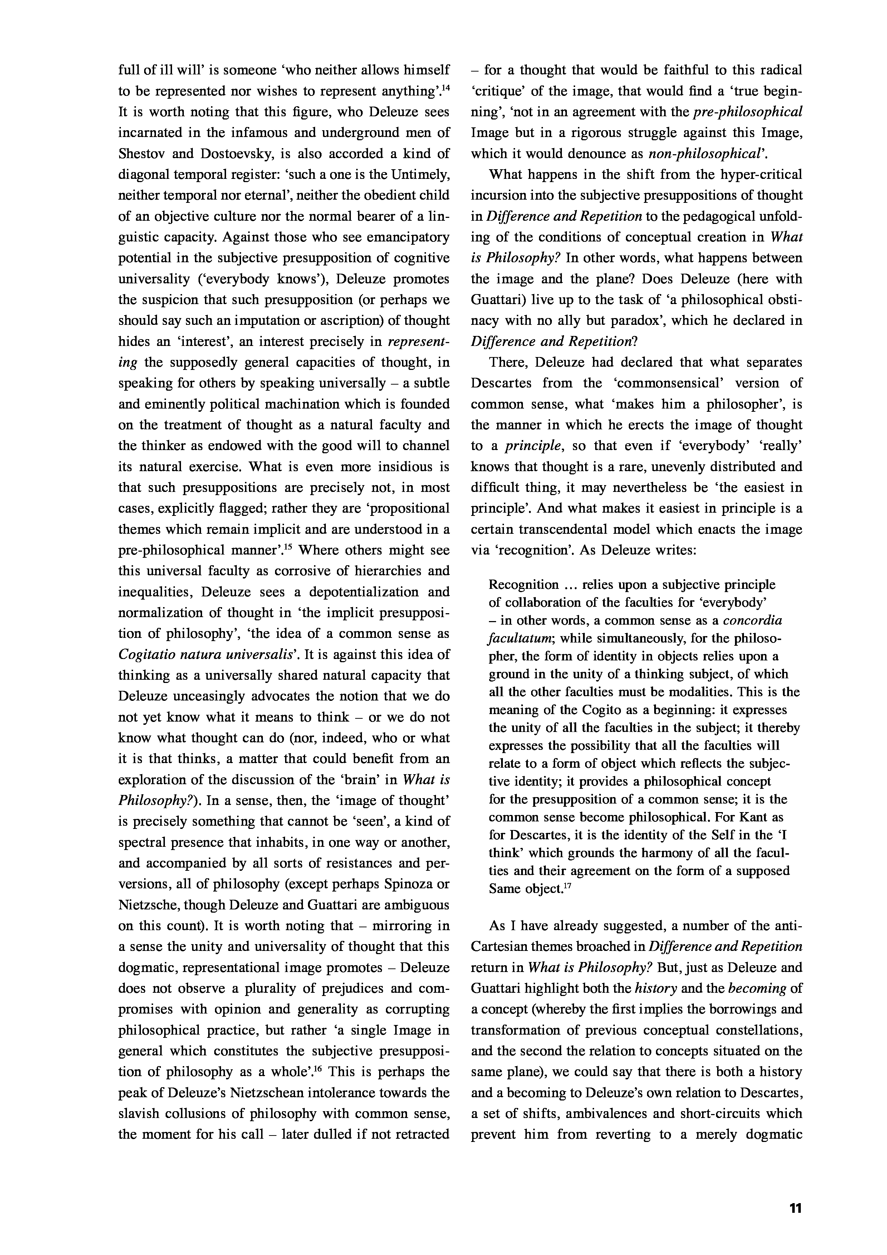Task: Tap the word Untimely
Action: (x=420, y=174)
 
